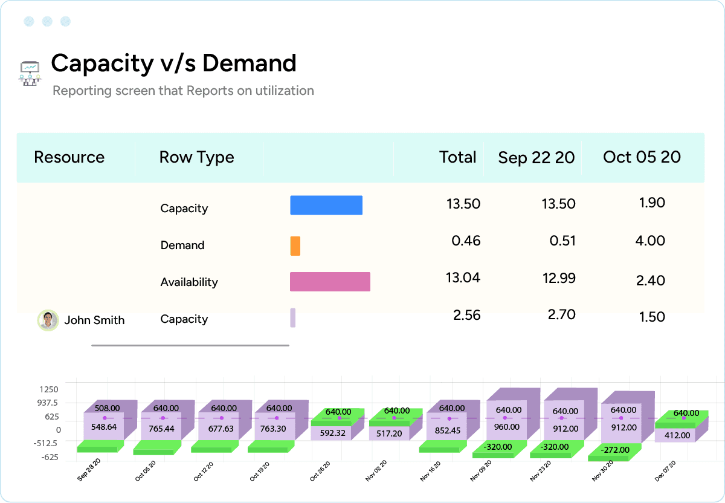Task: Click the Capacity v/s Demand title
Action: point(173,63)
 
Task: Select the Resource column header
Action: point(69,157)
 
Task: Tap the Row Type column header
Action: point(196,157)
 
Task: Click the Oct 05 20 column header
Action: point(642,157)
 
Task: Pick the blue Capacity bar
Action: point(326,206)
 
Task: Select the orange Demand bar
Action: point(295,245)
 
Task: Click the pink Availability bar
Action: point(330,282)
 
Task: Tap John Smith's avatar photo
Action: point(48,320)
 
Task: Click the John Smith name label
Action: point(94,320)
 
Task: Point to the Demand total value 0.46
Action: point(466,241)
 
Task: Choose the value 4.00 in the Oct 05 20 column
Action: point(651,241)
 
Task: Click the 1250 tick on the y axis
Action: point(49,389)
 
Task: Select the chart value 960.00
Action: point(506,426)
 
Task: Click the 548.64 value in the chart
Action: point(103,426)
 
